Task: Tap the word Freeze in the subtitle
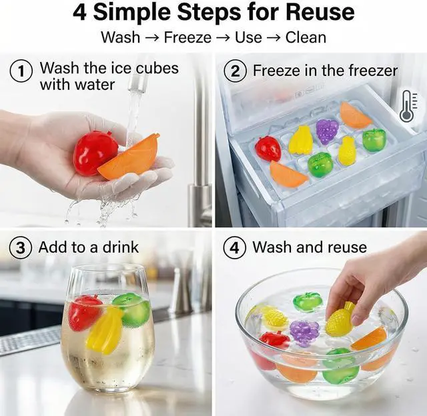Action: click(x=187, y=37)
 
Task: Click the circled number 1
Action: click(x=21, y=71)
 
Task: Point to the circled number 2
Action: click(x=236, y=71)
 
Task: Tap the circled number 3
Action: click(x=21, y=248)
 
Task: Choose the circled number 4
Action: click(x=234, y=248)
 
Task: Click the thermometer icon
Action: click(x=408, y=107)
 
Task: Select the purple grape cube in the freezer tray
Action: click(x=327, y=131)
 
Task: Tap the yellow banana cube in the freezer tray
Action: click(x=300, y=139)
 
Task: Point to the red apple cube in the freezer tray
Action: click(x=268, y=149)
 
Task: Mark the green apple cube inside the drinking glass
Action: click(x=132, y=309)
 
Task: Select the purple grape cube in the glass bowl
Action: click(x=304, y=333)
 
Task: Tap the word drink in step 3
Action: click(x=120, y=247)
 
